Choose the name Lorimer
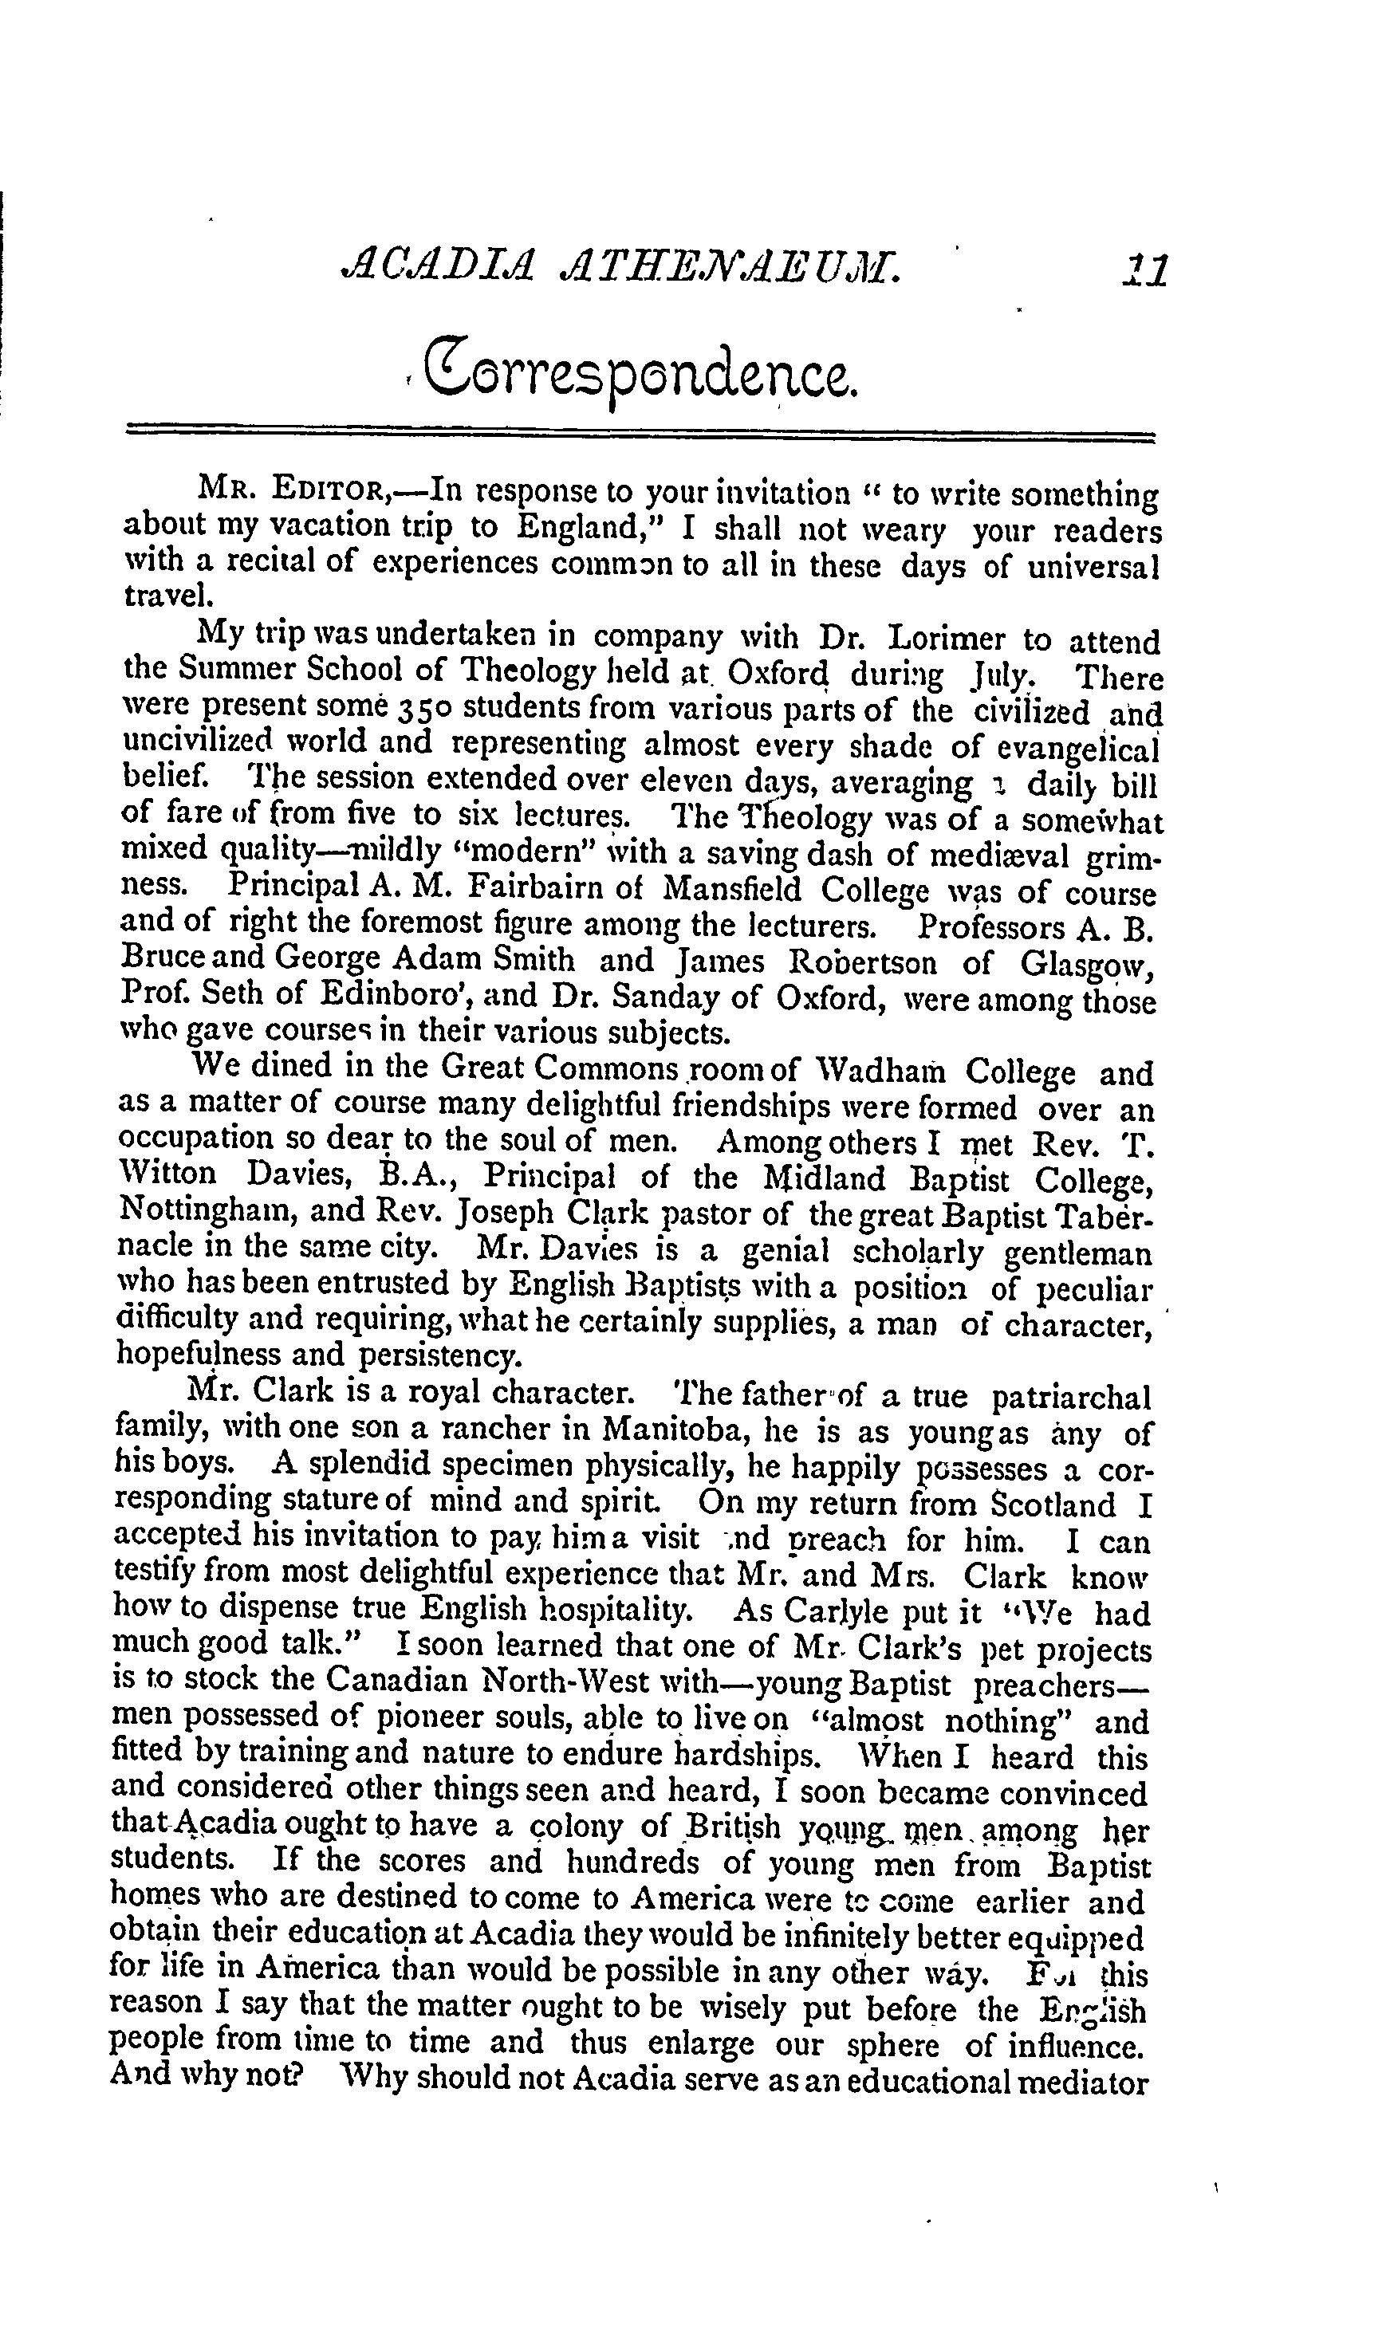coord(946,639)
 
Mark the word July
coord(1024,675)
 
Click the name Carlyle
coord(837,1611)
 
